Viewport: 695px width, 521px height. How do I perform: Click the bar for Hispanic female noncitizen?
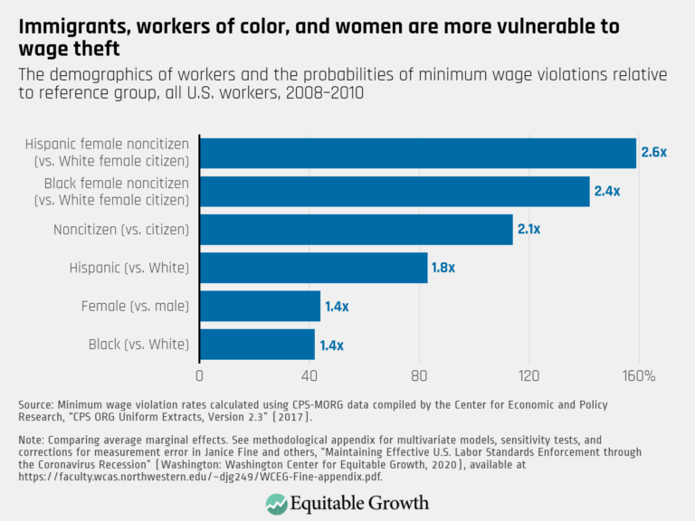click(x=417, y=153)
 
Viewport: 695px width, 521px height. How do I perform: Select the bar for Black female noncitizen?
click(x=394, y=192)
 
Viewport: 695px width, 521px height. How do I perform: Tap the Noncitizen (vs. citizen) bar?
click(x=356, y=230)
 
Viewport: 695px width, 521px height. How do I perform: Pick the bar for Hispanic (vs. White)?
click(x=313, y=268)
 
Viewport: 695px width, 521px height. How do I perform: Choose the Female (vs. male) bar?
click(x=260, y=307)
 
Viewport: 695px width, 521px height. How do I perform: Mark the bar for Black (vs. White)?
click(x=257, y=345)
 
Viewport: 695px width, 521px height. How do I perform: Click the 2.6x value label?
click(x=653, y=153)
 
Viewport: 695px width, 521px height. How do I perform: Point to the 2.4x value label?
click(x=606, y=192)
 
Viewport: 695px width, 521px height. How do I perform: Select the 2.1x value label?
click(x=528, y=230)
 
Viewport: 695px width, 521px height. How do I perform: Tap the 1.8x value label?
click(x=443, y=268)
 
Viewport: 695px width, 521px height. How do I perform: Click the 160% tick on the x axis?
click(x=640, y=375)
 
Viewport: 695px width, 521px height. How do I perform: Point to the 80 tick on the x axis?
click(x=419, y=375)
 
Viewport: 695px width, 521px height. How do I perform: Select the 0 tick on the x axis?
click(x=199, y=375)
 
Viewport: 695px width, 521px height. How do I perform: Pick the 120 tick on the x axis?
click(x=528, y=375)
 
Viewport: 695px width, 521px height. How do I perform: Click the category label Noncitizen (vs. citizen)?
click(x=120, y=230)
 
